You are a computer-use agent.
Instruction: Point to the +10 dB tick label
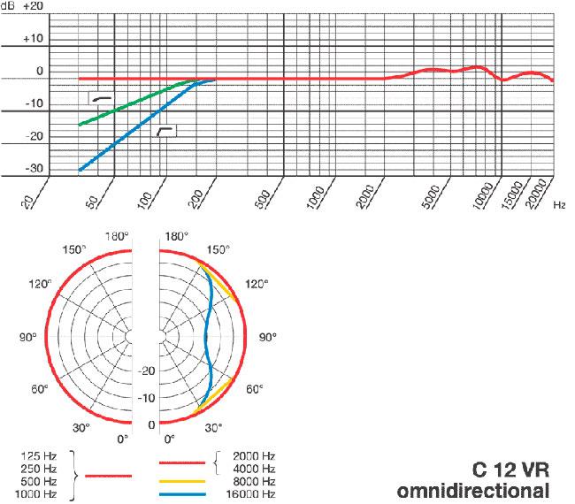[x=34, y=40]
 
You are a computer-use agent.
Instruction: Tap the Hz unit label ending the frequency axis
[x=559, y=205]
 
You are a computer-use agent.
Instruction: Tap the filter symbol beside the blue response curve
[x=165, y=131]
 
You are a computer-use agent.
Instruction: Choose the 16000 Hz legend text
[x=250, y=494]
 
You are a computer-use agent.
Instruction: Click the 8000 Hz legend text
[x=253, y=482]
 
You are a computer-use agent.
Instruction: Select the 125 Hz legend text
[x=37, y=456]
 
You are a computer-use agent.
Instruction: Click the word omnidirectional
[x=473, y=490]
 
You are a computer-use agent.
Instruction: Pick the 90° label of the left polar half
[x=27, y=337]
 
